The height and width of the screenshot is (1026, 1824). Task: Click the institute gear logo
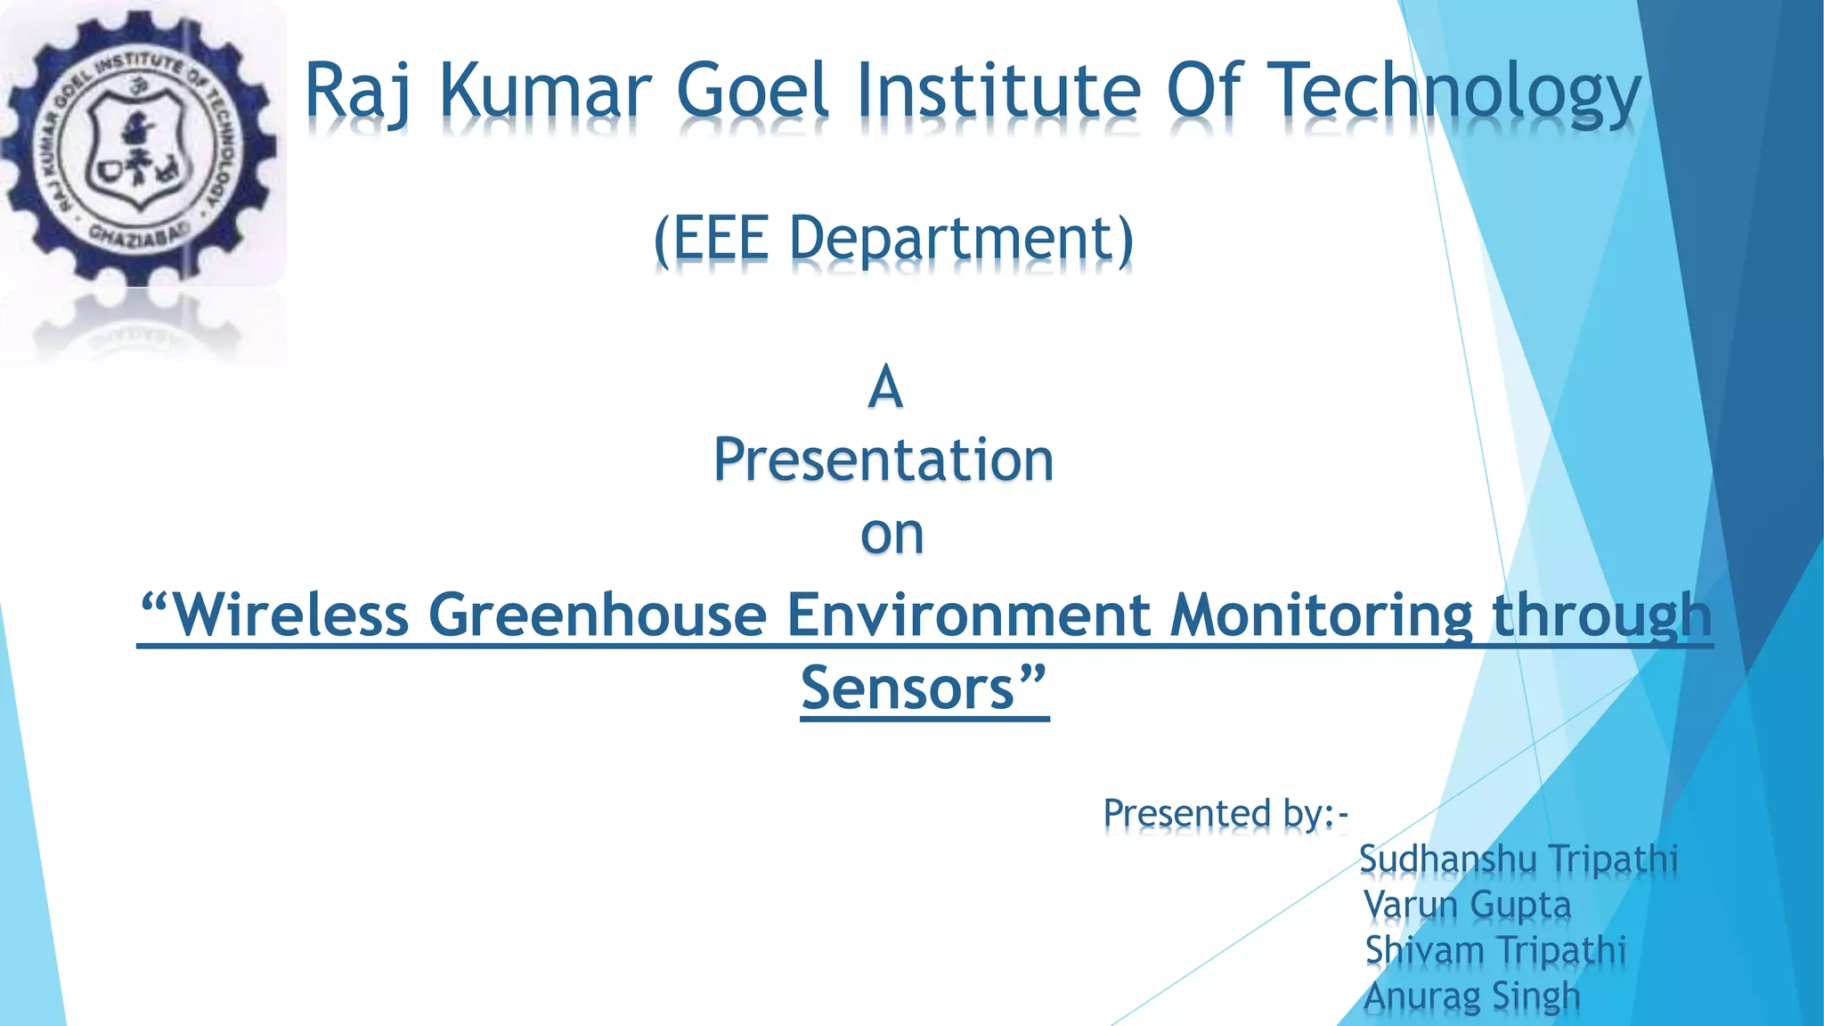141,148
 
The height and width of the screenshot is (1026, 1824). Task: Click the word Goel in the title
753,90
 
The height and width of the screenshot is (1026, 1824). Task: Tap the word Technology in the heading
1453,92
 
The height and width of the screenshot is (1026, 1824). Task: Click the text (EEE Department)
893,239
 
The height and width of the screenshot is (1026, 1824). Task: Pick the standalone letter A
885,387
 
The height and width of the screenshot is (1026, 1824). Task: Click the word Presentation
883,460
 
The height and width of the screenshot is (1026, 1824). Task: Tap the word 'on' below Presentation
892,534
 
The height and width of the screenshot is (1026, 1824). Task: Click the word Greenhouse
598,615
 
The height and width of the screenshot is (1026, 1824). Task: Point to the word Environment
969,615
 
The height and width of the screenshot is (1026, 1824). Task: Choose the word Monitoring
1322,615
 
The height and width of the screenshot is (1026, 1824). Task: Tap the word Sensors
923,688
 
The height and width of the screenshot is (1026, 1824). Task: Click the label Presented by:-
1225,813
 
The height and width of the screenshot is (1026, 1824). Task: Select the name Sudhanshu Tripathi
1518,859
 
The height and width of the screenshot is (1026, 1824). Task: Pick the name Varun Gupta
1468,905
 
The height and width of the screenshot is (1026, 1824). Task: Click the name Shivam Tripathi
1495,950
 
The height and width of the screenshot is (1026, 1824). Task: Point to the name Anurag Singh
1472,997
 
